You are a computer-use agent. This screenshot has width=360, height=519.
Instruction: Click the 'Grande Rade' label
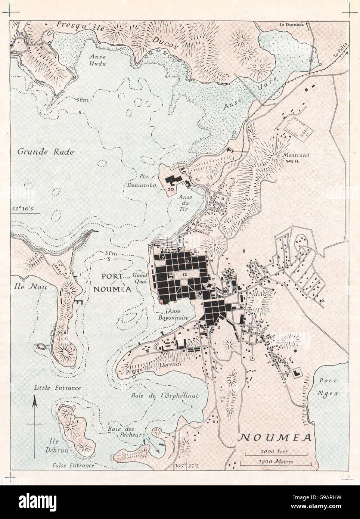pyautogui.click(x=46, y=152)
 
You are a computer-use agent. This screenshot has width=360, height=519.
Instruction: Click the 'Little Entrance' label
pyautogui.click(x=57, y=388)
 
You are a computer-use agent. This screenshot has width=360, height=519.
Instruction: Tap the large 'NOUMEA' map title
pyautogui.click(x=276, y=437)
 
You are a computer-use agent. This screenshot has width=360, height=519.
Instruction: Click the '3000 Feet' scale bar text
pyautogui.click(x=277, y=451)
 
